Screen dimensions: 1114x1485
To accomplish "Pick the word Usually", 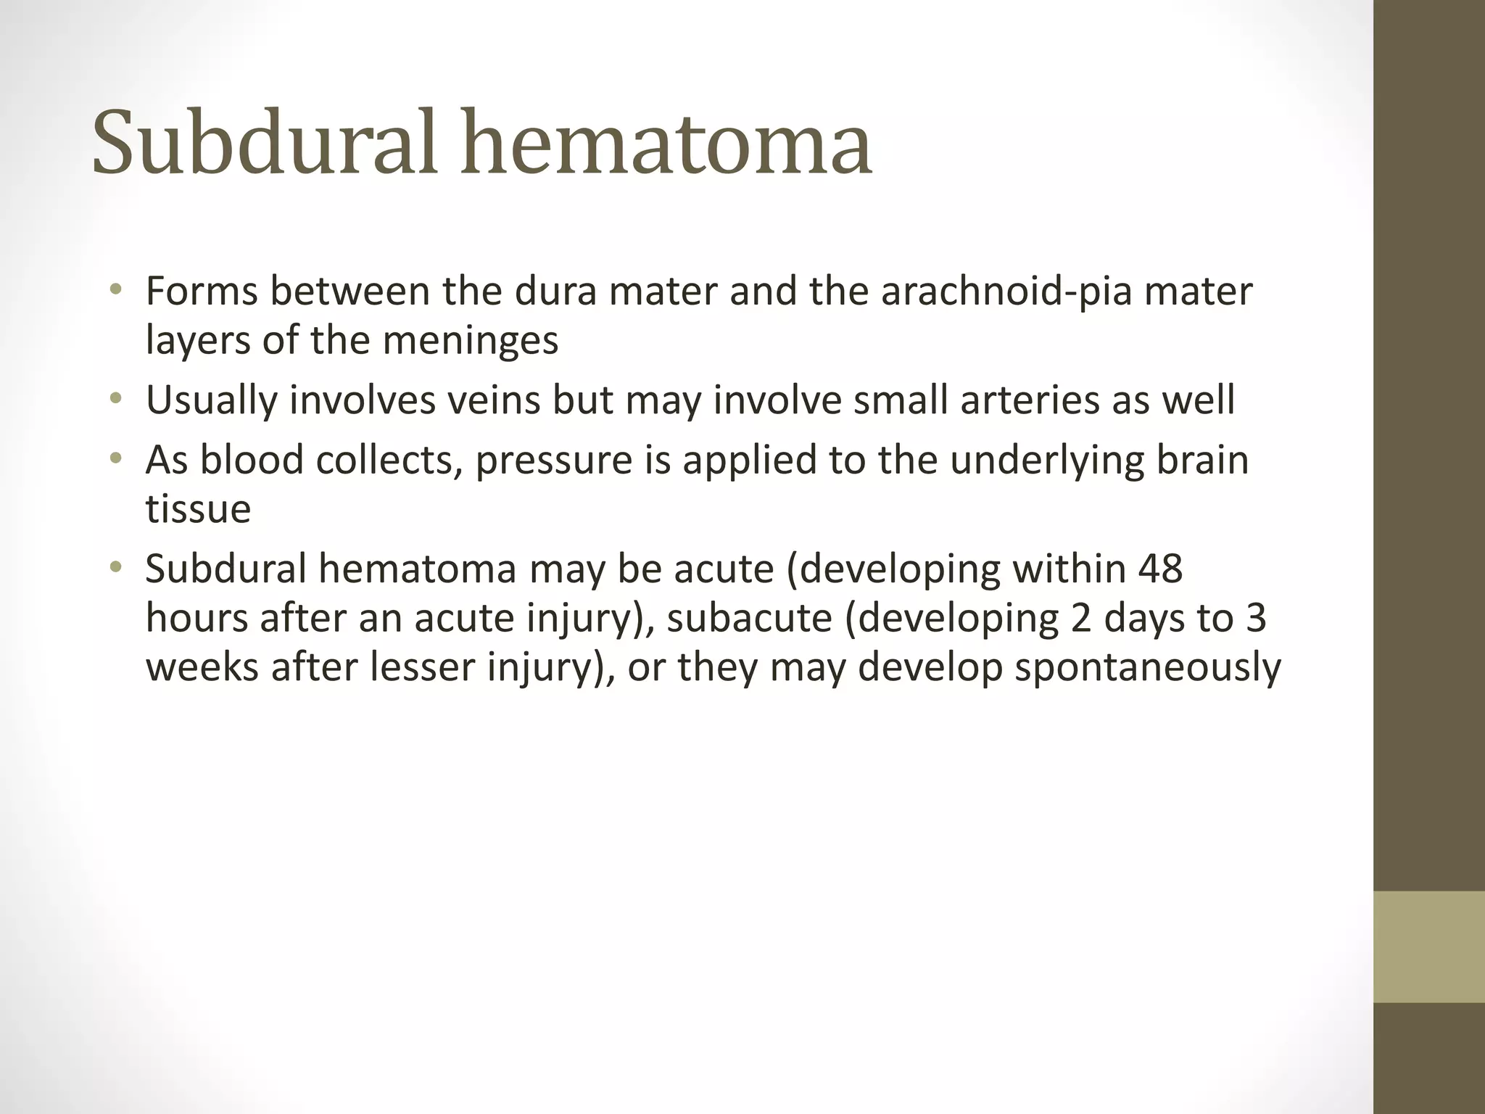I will tap(211, 401).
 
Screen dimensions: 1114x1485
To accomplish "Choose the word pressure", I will tap(554, 461).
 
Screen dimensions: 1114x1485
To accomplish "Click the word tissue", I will tap(198, 508).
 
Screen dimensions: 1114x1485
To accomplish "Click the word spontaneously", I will tap(1147, 668).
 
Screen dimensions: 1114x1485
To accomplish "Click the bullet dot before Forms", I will tap(115, 292).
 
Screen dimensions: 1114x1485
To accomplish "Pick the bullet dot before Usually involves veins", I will tap(115, 400).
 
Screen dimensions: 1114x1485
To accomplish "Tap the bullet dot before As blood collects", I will tap(115, 459).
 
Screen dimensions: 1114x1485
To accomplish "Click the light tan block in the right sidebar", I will tap(1428, 946).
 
